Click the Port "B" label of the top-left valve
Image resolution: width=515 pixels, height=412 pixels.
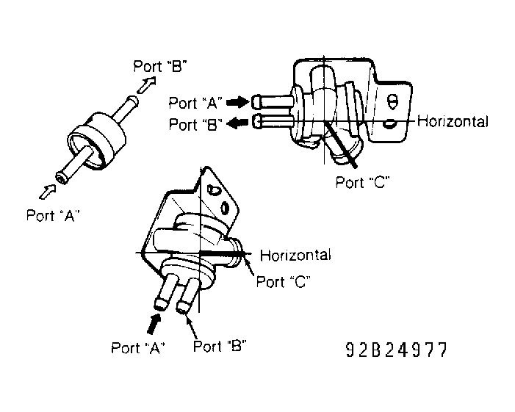pyautogui.click(x=160, y=66)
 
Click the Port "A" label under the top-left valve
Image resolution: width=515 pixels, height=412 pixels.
pyautogui.click(x=53, y=216)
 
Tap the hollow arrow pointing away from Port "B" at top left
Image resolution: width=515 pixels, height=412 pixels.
pyautogui.click(x=146, y=84)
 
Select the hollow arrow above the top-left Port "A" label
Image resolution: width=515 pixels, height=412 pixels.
pyautogui.click(x=48, y=192)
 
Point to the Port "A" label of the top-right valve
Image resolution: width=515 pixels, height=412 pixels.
pyautogui.click(x=195, y=103)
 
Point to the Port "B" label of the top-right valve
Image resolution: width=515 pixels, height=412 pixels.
pyautogui.click(x=195, y=124)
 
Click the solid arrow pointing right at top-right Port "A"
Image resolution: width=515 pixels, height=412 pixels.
pyautogui.click(x=237, y=102)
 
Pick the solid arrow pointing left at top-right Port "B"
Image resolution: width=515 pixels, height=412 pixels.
pyautogui.click(x=237, y=123)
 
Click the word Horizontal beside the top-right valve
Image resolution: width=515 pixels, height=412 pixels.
pyautogui.click(x=453, y=121)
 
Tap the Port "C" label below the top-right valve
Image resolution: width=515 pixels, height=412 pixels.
pyautogui.click(x=363, y=182)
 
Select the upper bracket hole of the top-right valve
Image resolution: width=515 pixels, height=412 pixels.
pyautogui.click(x=392, y=102)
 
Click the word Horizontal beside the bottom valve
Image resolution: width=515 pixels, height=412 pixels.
pyautogui.click(x=295, y=255)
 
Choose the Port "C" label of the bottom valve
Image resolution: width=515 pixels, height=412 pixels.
pyautogui.click(x=283, y=282)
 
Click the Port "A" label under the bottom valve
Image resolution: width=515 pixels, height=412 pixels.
pyautogui.click(x=138, y=347)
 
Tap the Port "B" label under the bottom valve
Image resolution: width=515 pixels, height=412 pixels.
pyautogui.click(x=220, y=346)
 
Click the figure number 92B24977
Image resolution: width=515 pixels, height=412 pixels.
pyautogui.click(x=397, y=350)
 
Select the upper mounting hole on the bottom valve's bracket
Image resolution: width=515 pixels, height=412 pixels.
pyautogui.click(x=212, y=190)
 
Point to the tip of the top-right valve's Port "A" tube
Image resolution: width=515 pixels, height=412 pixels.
pyautogui.click(x=253, y=101)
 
